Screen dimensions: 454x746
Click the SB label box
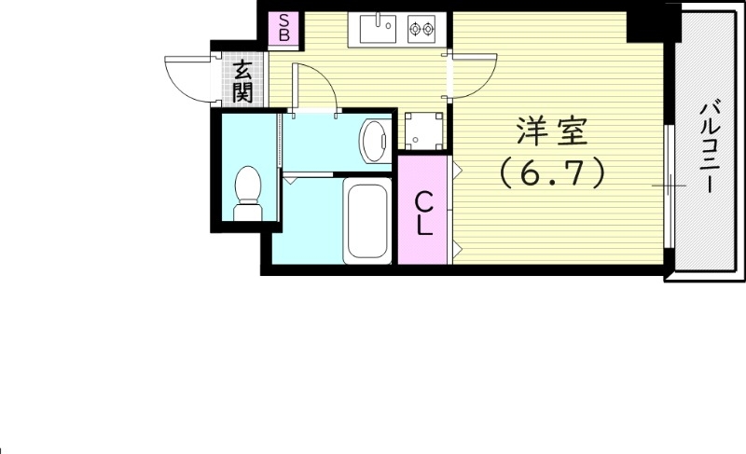point(285,29)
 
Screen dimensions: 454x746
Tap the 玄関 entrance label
point(242,81)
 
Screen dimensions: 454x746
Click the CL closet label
point(423,213)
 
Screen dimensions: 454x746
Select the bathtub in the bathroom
point(366,222)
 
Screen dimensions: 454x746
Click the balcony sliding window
point(670,186)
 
